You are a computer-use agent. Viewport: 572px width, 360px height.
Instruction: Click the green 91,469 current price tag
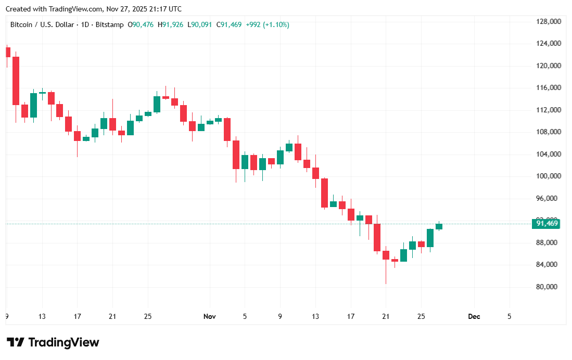pyautogui.click(x=545, y=224)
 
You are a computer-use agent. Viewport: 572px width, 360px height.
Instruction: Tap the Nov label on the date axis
pyautogui.click(x=209, y=316)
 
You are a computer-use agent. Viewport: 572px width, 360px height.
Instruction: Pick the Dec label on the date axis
pyautogui.click(x=474, y=316)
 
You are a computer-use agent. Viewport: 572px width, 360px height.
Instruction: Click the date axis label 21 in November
pyautogui.click(x=386, y=316)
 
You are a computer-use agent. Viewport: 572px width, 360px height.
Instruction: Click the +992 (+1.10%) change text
pyautogui.click(x=268, y=24)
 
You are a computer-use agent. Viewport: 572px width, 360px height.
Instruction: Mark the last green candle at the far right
pyautogui.click(x=439, y=226)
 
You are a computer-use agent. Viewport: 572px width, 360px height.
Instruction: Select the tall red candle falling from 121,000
pyautogui.click(x=16, y=81)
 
